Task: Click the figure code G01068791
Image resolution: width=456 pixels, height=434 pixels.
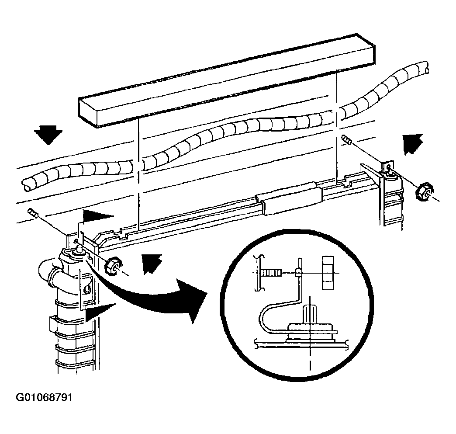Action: (44, 397)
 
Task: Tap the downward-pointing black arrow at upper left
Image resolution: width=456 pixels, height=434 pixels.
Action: (48, 135)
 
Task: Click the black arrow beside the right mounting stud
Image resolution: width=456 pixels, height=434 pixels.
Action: (412, 143)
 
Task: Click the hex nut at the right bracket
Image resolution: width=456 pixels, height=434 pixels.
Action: (423, 191)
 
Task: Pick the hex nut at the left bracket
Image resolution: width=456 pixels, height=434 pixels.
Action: (113, 265)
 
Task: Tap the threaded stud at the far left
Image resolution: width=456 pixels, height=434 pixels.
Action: (33, 213)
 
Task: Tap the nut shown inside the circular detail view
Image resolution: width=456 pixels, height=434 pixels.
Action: (328, 273)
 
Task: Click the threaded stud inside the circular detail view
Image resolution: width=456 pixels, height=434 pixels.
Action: (271, 273)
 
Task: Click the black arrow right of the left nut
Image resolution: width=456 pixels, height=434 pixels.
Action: (151, 263)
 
